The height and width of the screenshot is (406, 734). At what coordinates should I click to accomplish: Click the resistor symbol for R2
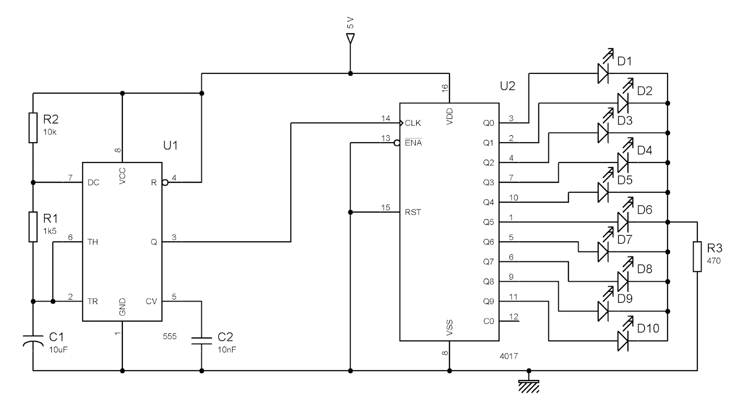tap(33, 127)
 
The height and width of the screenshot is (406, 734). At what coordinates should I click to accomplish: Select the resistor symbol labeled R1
tap(33, 227)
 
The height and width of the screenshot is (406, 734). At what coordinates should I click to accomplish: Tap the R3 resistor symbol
tap(697, 256)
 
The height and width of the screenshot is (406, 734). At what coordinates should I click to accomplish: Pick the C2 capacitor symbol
tap(201, 340)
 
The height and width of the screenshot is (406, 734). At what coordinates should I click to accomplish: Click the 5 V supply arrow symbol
tap(350, 39)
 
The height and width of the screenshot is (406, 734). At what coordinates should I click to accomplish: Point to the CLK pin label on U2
tap(412, 123)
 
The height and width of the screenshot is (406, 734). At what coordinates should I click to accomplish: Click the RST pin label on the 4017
tap(412, 212)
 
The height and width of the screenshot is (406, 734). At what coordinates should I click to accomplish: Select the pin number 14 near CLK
tap(385, 118)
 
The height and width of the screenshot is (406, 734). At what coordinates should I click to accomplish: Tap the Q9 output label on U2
tap(488, 301)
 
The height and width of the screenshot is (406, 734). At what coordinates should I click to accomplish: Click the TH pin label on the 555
tap(93, 242)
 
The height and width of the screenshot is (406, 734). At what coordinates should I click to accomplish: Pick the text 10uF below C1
tap(58, 349)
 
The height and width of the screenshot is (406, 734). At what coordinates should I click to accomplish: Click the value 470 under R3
tap(714, 261)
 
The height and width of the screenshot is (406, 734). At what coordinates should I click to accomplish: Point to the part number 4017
tap(509, 356)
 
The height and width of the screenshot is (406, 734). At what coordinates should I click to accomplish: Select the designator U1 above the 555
tap(170, 145)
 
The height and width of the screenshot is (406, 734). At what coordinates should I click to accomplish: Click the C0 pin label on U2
tap(489, 321)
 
